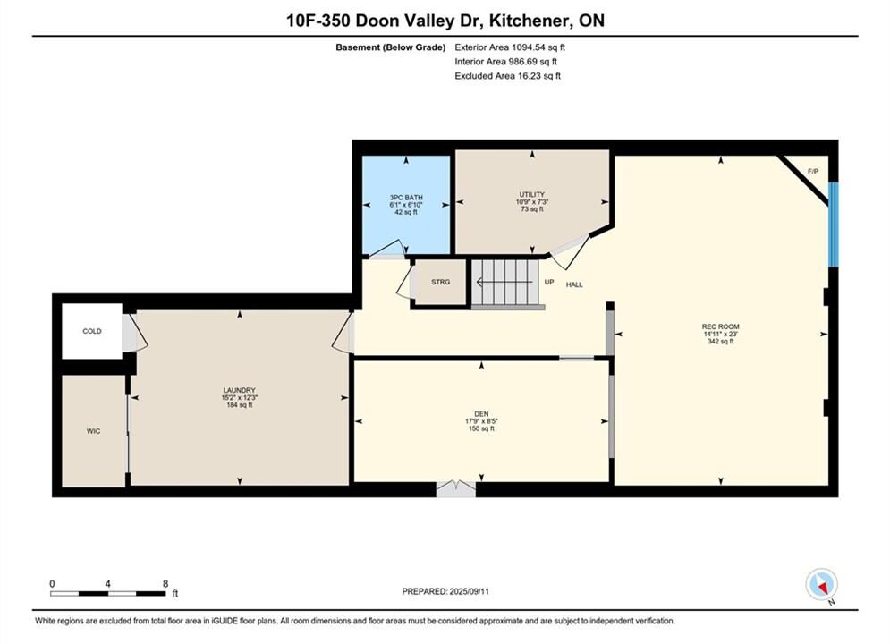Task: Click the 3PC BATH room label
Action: point(406,198)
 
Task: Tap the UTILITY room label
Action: point(532,195)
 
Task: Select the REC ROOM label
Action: point(720,326)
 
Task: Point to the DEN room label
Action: point(481,414)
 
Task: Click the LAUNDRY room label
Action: point(239,390)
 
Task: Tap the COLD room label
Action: point(92,331)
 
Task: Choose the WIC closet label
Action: point(94,431)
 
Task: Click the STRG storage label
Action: point(440,282)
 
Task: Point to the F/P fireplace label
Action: point(813,172)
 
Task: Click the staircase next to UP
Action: point(504,283)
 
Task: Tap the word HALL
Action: point(574,284)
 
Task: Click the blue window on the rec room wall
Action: point(834,225)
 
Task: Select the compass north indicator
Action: point(821,584)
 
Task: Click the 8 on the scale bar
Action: point(165,584)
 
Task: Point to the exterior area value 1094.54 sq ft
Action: point(538,47)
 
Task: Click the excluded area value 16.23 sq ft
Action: point(538,76)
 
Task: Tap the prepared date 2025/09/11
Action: point(469,591)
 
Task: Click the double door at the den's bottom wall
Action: point(456,489)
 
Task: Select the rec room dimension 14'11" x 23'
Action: point(720,335)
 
